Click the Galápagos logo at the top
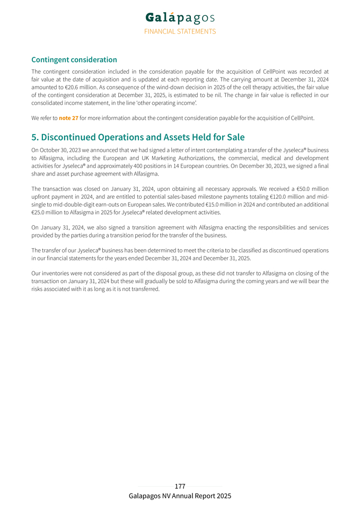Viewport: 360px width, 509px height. (x=180, y=18)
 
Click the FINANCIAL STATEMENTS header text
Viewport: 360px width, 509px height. (x=180, y=31)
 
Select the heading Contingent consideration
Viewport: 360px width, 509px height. (x=74, y=60)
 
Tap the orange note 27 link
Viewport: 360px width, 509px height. (x=68, y=118)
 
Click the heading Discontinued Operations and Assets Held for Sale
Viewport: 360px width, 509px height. (x=138, y=137)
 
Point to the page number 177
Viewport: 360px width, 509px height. (x=180, y=486)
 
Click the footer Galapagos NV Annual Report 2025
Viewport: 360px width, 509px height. (x=180, y=496)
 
